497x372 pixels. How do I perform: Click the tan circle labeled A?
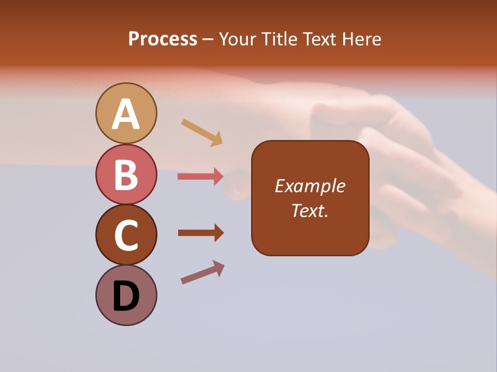(x=126, y=114)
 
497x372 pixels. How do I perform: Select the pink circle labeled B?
(x=126, y=175)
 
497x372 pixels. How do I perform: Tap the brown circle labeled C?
(x=126, y=235)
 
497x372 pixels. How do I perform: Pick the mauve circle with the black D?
(x=126, y=296)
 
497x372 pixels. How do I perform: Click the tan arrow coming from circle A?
(x=202, y=132)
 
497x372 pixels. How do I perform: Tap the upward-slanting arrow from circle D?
(x=202, y=272)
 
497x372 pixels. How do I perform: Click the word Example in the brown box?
(x=310, y=186)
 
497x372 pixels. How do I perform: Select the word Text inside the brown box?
(x=307, y=210)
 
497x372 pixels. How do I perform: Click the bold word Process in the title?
(x=163, y=39)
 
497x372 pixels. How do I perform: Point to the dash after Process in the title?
(x=208, y=39)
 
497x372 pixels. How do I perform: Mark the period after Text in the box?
(x=327, y=215)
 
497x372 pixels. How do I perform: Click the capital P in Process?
(x=134, y=39)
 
